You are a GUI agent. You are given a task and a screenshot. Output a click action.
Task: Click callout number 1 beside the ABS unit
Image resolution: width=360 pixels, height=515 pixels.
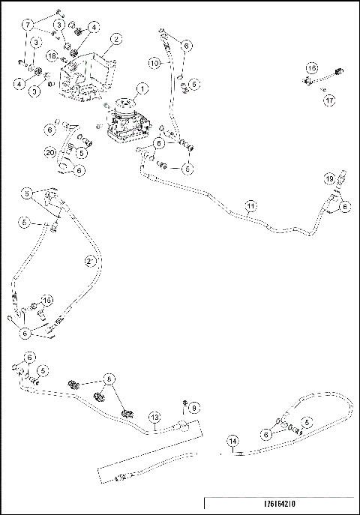click(x=142, y=88)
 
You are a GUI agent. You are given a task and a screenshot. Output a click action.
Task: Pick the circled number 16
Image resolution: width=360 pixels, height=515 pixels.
click(x=310, y=67)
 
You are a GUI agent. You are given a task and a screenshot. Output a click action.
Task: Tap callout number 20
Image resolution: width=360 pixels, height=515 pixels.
click(x=50, y=152)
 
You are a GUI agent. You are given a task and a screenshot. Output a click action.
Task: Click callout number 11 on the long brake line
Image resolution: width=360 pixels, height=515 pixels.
click(x=250, y=204)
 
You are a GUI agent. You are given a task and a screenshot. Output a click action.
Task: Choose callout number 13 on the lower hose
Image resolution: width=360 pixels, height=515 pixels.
click(x=154, y=417)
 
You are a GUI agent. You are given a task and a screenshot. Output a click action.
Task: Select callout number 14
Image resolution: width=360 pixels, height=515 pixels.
click(x=232, y=442)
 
